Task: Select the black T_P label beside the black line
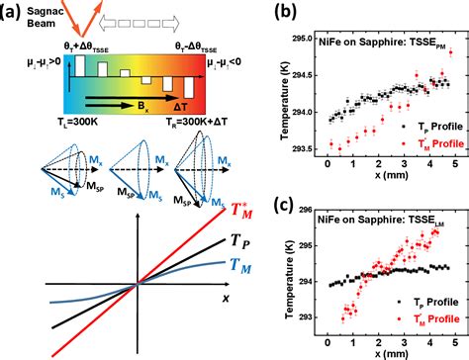212,267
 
